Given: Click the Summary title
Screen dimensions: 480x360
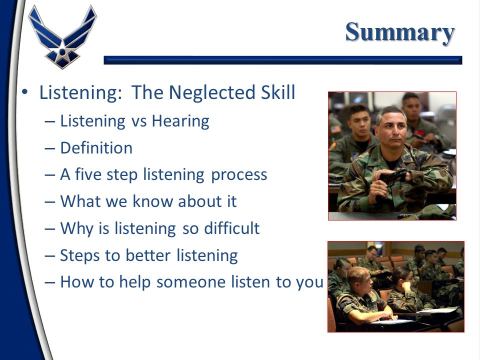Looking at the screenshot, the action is point(400,32).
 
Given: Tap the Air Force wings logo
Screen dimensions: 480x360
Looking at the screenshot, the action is point(62,37).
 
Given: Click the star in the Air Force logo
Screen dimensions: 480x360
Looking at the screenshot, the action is point(62,52).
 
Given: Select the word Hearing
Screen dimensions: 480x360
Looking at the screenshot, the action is point(180,121).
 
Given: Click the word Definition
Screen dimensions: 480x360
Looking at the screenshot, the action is point(96,148).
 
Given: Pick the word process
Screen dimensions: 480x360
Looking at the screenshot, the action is point(239,175).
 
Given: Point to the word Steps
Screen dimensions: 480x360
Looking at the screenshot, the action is point(79,256).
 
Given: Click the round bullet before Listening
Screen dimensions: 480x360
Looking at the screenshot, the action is point(25,92).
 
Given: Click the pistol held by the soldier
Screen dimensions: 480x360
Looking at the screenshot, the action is point(393,177).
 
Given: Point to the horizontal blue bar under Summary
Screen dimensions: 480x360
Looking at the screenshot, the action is point(283,60).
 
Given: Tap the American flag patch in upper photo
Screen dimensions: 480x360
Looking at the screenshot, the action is point(336,129).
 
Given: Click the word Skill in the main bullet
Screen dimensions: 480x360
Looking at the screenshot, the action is point(278,92).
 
